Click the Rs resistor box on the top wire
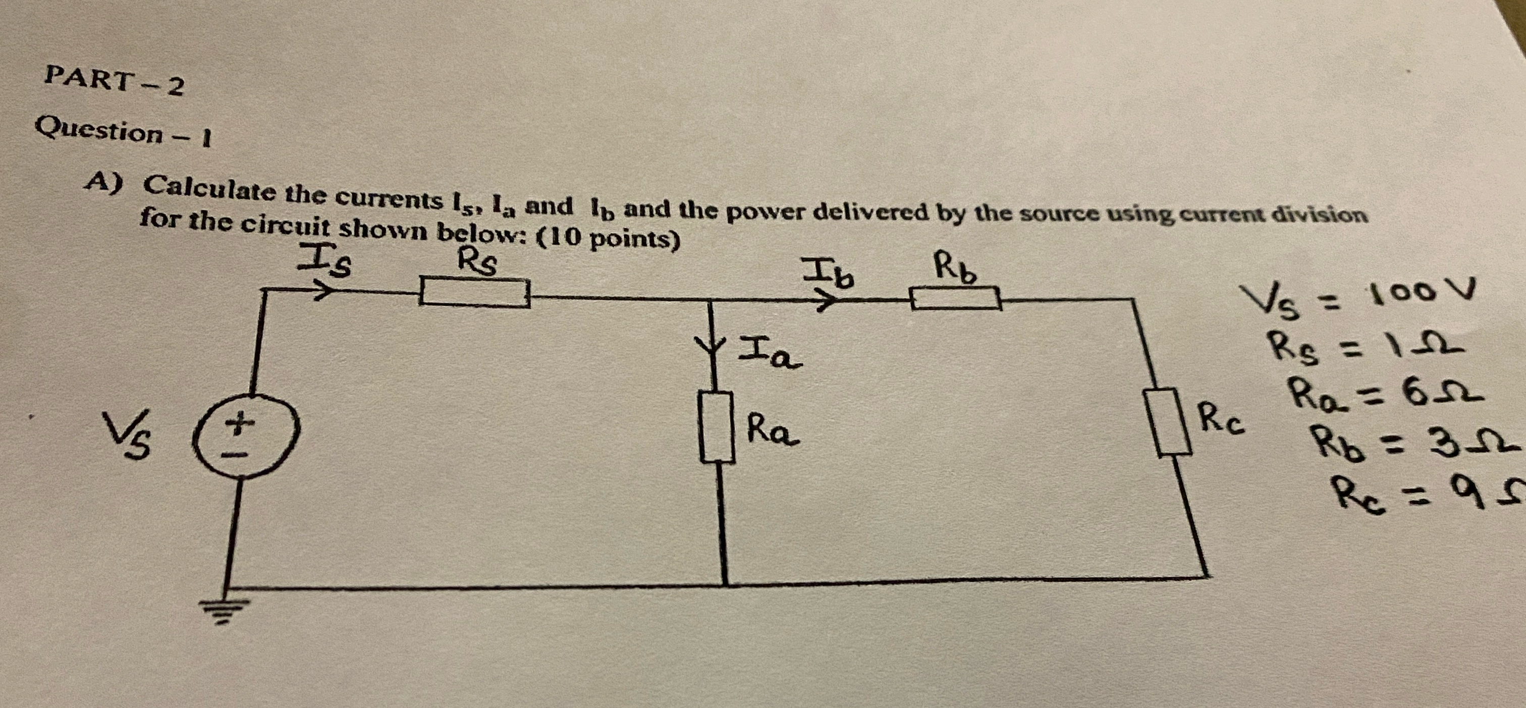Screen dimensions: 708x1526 coord(474,292)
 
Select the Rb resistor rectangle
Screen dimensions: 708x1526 coord(955,298)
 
